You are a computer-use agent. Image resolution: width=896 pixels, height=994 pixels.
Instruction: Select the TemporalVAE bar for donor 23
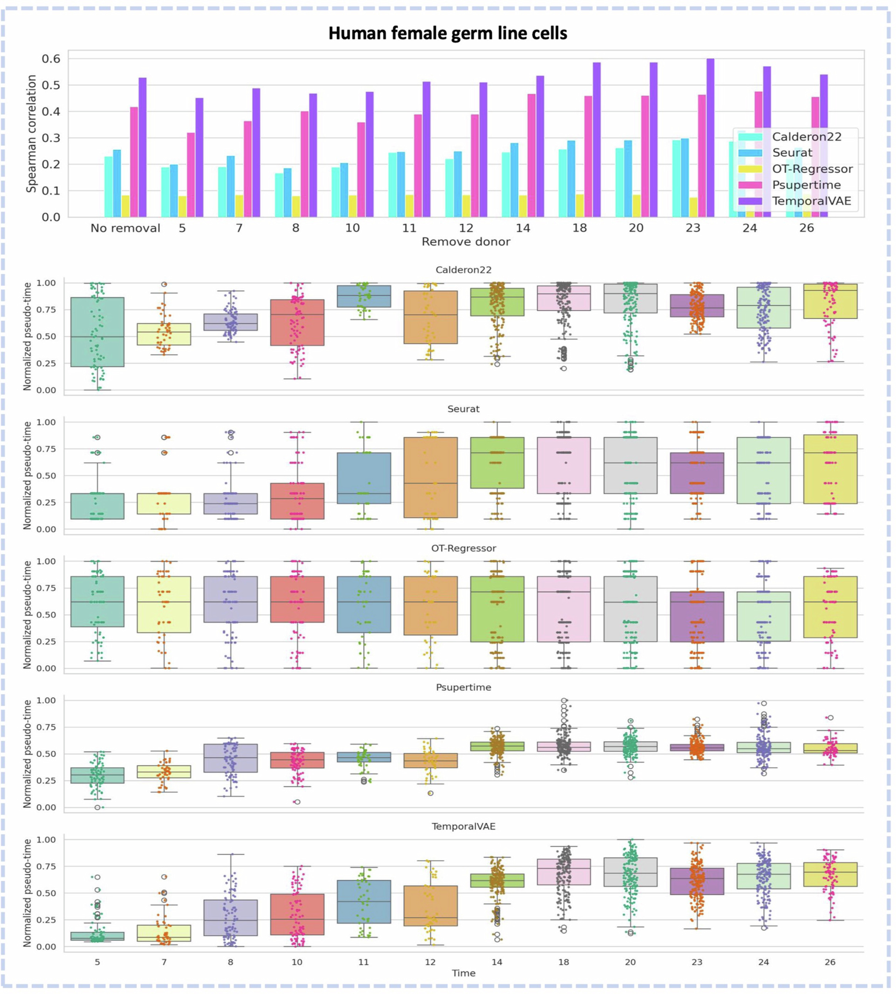click(x=710, y=138)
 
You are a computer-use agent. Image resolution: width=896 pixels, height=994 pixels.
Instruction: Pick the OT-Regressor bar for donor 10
click(x=353, y=206)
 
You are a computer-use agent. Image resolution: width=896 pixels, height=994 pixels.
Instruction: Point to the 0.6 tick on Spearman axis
click(x=51, y=59)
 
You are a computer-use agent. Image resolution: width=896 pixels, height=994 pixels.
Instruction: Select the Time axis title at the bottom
click(x=464, y=973)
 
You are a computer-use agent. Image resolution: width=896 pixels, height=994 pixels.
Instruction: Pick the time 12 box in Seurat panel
click(x=430, y=477)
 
